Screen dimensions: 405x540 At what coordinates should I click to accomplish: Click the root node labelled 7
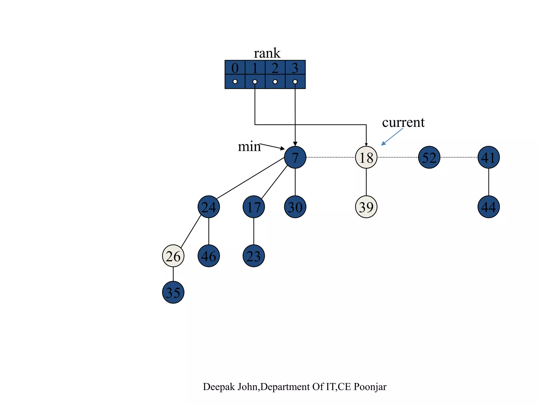click(295, 157)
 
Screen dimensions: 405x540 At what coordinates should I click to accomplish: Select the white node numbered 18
click(366, 157)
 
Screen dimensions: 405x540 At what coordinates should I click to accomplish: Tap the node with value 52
click(429, 157)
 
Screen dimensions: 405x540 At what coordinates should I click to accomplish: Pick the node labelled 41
click(488, 157)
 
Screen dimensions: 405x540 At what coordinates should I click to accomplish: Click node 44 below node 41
click(488, 207)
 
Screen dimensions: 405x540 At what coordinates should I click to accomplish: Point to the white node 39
click(366, 207)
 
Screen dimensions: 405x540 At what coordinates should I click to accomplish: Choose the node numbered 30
click(295, 207)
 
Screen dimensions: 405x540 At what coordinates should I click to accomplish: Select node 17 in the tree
click(254, 207)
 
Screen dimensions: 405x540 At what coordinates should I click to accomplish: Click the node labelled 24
click(209, 207)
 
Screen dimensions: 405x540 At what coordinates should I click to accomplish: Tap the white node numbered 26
click(173, 256)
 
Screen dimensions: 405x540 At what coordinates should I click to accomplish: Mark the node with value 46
click(209, 256)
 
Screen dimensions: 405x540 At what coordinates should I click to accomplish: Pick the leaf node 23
click(254, 256)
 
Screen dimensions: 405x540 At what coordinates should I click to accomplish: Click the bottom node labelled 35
click(173, 292)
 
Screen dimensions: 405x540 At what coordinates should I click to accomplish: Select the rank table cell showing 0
click(235, 68)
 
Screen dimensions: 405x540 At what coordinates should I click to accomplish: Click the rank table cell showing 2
click(275, 68)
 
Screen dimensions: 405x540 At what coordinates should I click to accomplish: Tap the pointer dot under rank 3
click(295, 82)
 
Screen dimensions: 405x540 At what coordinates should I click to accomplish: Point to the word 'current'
click(403, 122)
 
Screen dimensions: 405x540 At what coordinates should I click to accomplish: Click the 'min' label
click(249, 147)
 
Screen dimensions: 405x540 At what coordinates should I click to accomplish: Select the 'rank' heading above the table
click(267, 53)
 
